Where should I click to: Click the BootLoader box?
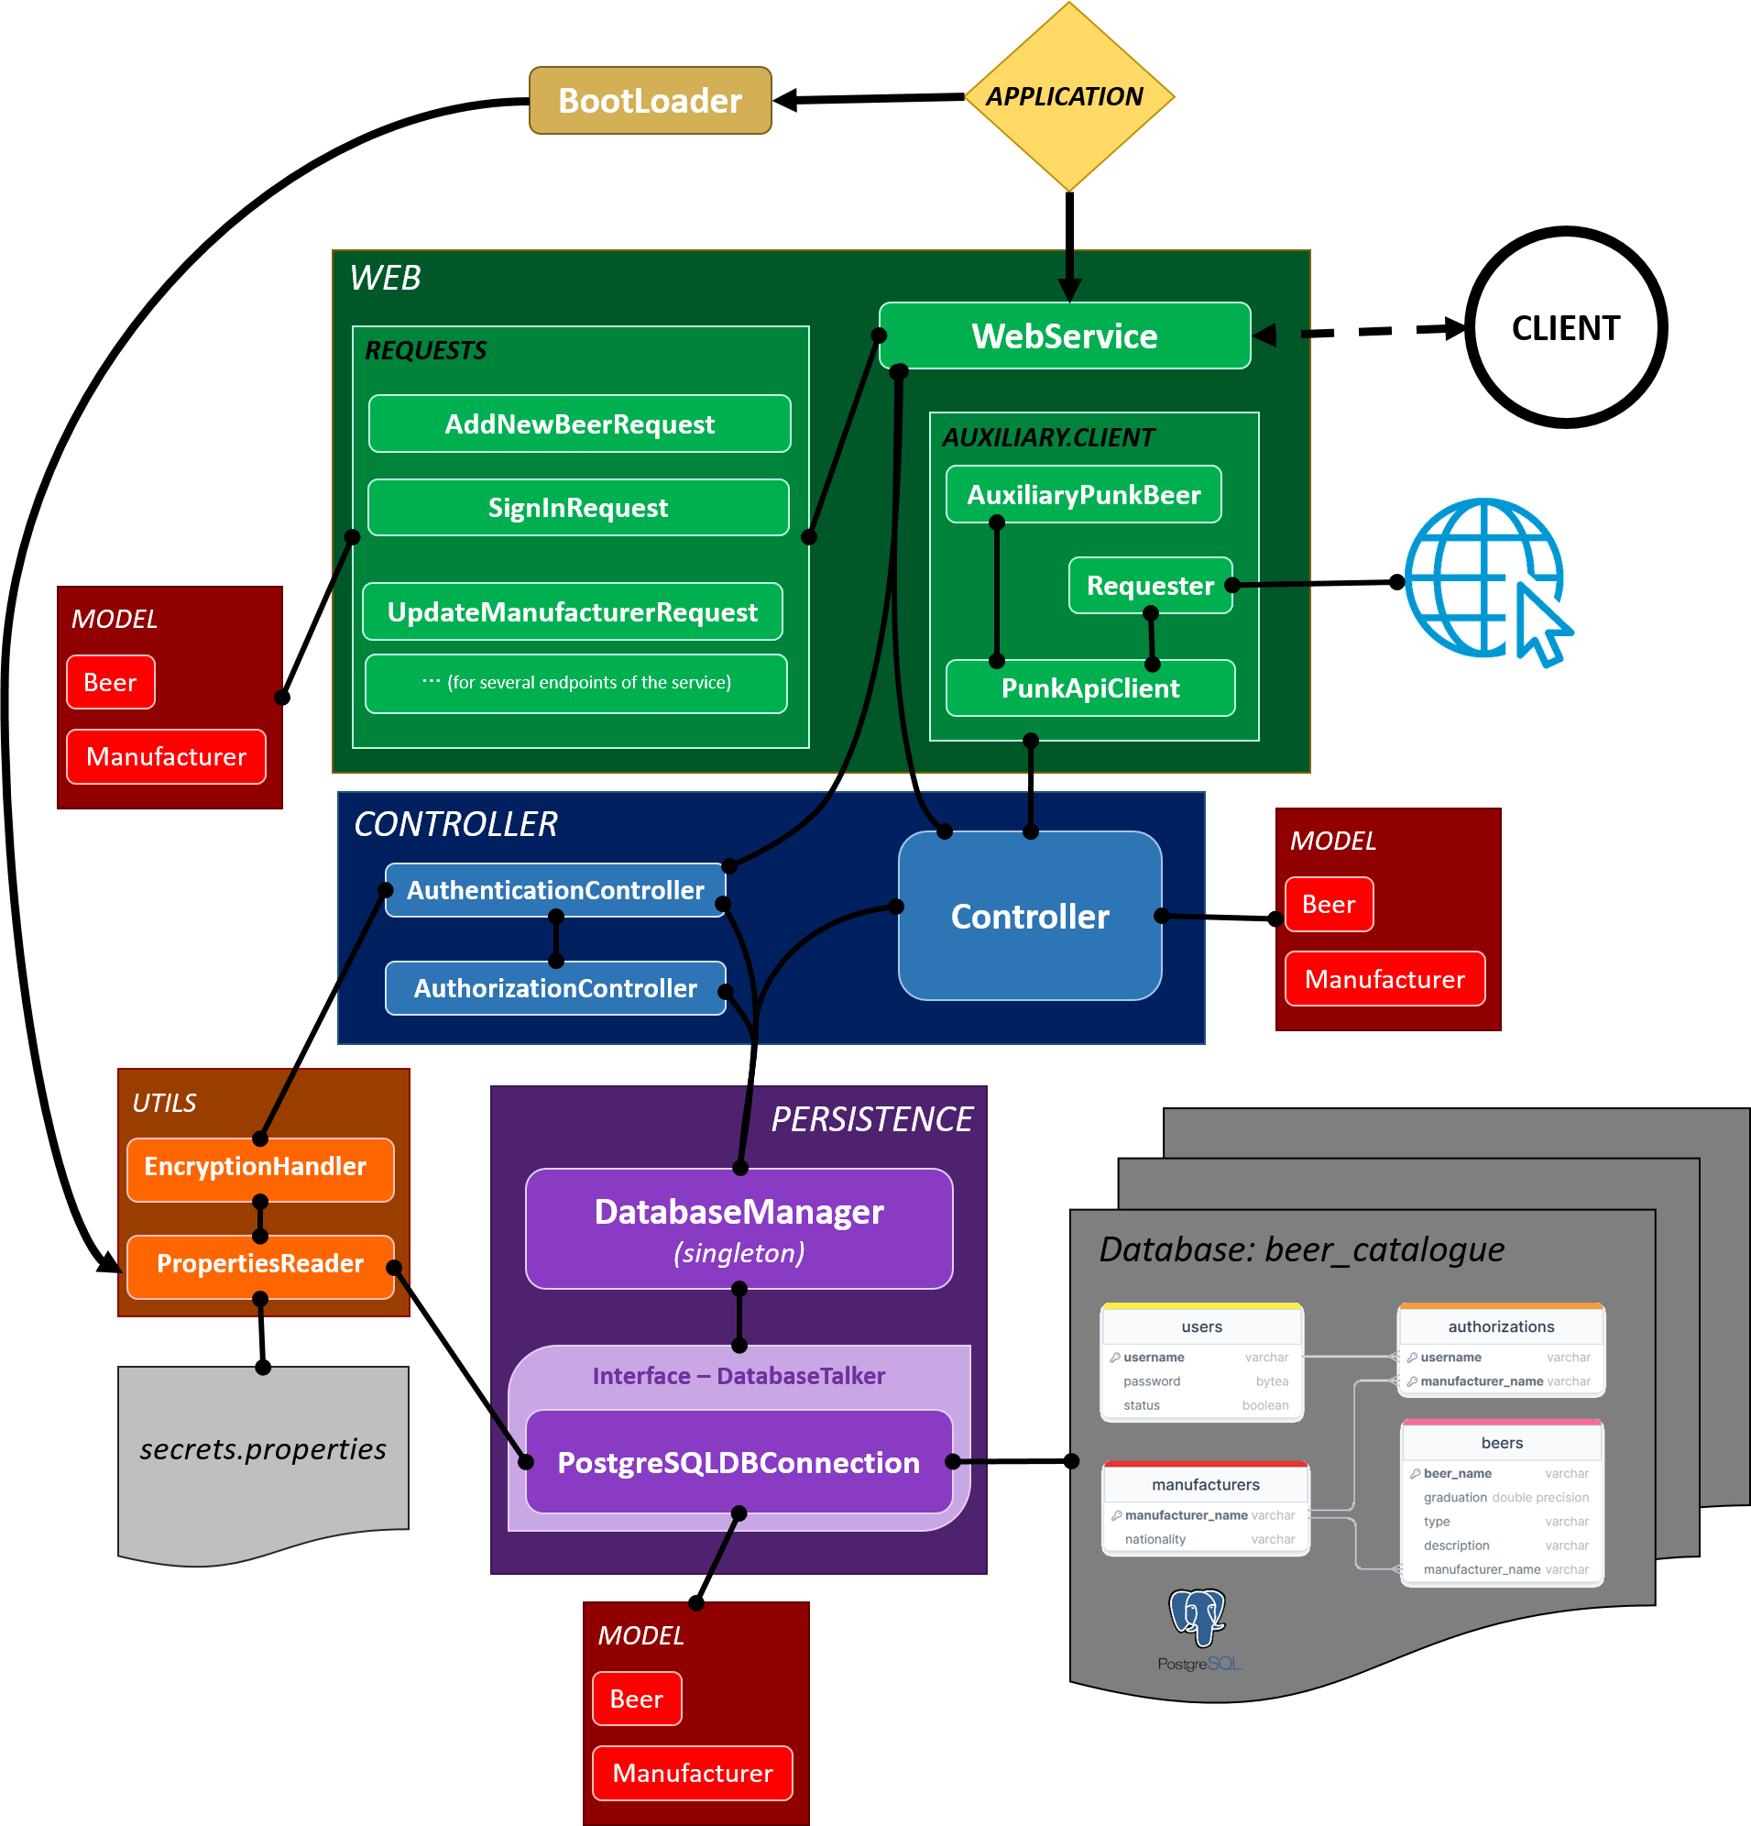click(x=651, y=101)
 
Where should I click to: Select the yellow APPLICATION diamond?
click(x=1068, y=97)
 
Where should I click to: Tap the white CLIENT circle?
click(x=1565, y=328)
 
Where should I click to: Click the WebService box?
click(x=1064, y=336)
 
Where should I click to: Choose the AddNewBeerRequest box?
click(x=579, y=424)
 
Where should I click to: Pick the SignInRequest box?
click(x=578, y=508)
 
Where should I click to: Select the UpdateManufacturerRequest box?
click(x=572, y=612)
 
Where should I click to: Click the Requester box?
click(x=1149, y=586)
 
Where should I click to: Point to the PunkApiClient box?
click(x=1089, y=688)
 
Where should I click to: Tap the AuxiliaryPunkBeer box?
click(x=1083, y=495)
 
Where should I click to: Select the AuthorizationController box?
click(x=555, y=988)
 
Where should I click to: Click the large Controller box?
click(x=1029, y=917)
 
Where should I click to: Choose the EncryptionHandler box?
click(x=260, y=1167)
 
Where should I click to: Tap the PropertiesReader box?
click(x=260, y=1264)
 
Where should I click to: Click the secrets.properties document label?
click(x=263, y=1449)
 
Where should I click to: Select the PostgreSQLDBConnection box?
click(x=738, y=1463)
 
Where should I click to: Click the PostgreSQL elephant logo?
click(x=1198, y=1617)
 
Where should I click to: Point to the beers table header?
click(x=1502, y=1443)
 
